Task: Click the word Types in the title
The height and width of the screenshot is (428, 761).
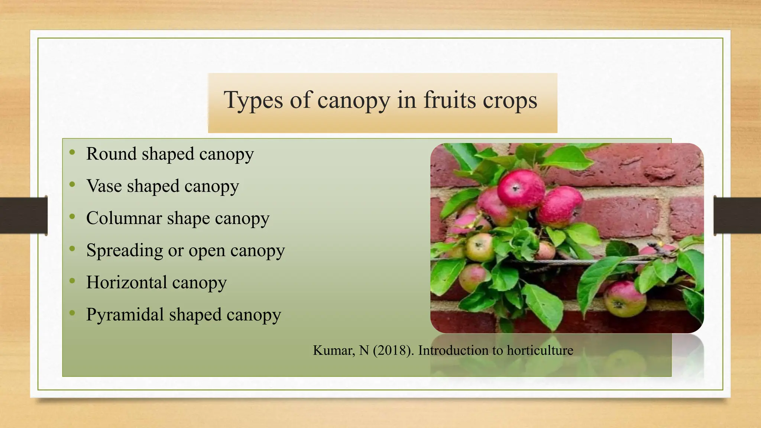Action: [253, 100]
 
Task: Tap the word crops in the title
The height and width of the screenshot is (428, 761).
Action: [510, 100]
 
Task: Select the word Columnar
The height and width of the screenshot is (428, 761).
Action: [124, 218]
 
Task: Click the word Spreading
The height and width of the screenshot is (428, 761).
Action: [124, 251]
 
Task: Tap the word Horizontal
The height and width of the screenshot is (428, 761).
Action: [127, 282]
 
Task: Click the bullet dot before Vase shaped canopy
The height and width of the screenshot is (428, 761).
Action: [72, 184]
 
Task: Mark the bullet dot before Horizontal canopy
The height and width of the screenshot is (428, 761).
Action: [72, 281]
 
